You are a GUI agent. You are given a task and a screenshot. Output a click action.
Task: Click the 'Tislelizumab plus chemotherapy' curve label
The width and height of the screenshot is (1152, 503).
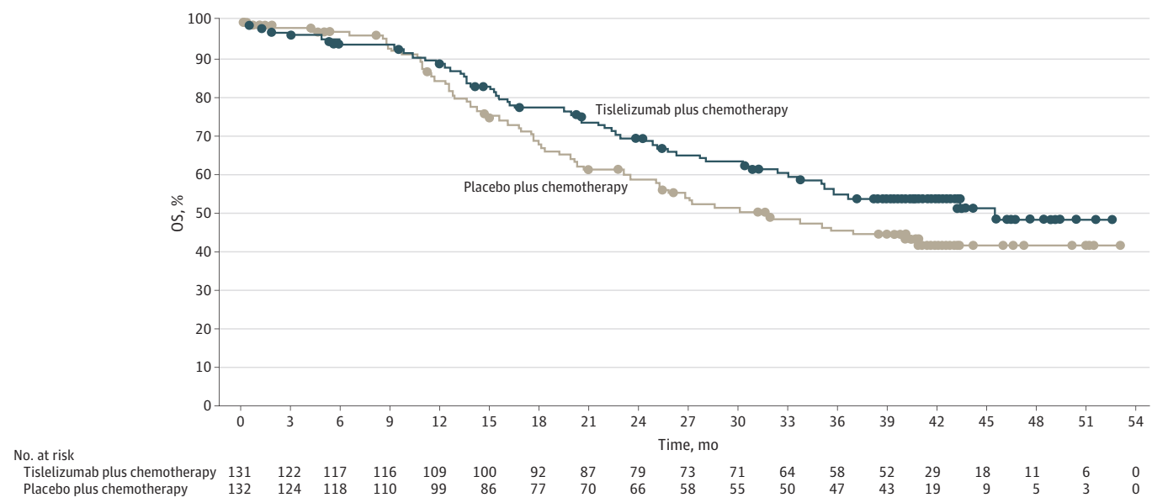691,109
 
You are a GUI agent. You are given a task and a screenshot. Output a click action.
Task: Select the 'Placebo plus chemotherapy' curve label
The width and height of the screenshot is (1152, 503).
545,187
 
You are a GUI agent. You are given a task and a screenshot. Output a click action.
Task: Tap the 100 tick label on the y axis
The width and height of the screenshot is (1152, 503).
200,19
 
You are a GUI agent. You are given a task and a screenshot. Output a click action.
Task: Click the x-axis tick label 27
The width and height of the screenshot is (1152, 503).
687,421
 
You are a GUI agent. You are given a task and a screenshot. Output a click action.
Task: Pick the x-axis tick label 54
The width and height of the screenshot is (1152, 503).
1135,421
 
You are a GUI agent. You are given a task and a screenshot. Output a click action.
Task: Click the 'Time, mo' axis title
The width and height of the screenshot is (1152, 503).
687,444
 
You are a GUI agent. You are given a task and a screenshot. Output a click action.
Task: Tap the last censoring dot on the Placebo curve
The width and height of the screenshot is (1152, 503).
1120,246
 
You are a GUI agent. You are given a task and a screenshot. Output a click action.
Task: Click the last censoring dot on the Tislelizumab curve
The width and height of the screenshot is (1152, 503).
1112,220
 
